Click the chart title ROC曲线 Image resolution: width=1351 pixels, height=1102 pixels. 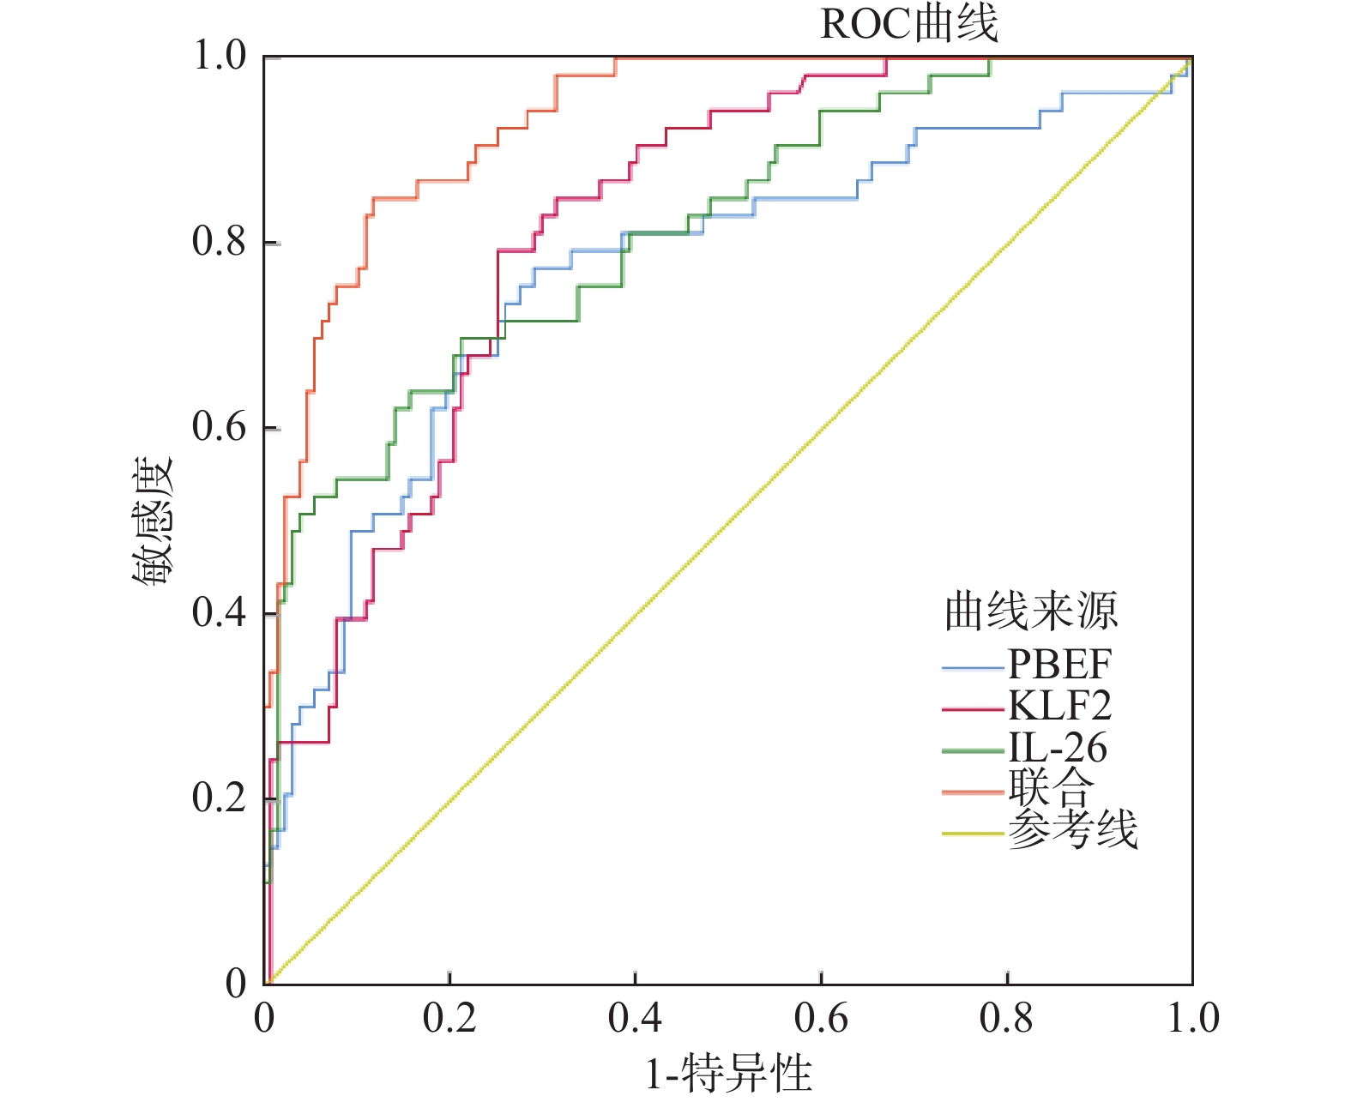point(909,24)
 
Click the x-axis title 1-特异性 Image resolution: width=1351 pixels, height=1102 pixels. point(728,1073)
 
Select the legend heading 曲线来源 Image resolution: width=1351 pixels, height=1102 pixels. point(1031,611)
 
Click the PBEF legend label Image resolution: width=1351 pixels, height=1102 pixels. point(1059,664)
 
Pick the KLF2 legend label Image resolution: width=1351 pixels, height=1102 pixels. point(1059,706)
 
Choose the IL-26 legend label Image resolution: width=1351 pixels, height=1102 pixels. point(1058,748)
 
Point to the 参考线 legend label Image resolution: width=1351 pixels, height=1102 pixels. point(1072,829)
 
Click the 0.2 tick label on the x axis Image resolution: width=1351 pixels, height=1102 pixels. point(449,1018)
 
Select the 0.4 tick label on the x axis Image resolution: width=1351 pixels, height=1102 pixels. point(635,1018)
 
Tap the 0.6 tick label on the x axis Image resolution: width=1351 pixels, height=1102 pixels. point(821,1018)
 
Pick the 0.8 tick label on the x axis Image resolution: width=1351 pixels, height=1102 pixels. point(1007,1018)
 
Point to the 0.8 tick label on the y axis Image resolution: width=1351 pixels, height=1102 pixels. point(220,242)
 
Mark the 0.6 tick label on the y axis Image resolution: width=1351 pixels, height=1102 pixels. point(220,427)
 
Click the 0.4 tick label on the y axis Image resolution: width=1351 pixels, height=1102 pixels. point(220,612)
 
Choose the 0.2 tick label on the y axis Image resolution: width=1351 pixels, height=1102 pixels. point(220,798)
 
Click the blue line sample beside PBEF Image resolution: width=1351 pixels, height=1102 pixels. point(973,667)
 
